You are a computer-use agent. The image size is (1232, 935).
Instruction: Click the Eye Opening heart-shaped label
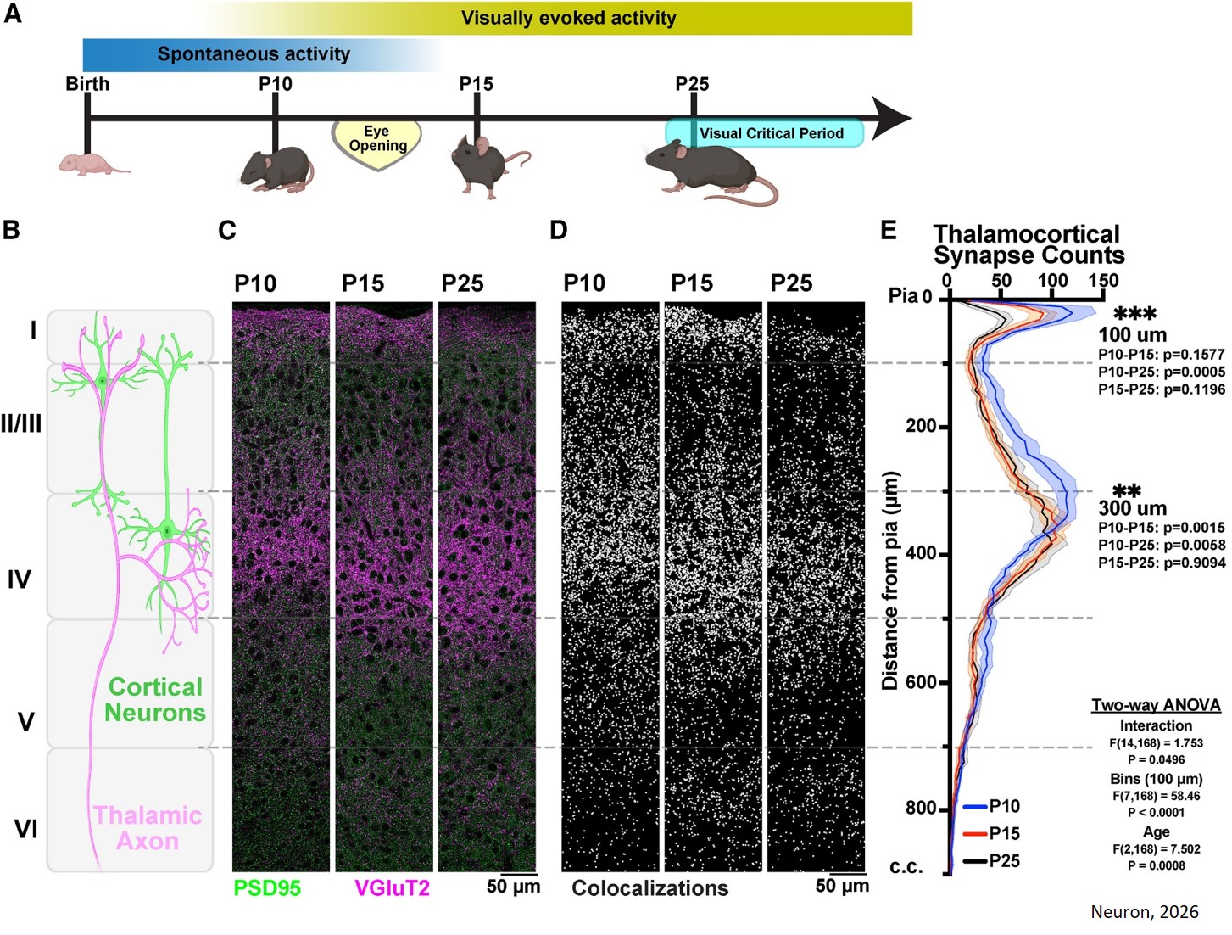point(376,141)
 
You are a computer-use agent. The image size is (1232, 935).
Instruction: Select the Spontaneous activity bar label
point(254,54)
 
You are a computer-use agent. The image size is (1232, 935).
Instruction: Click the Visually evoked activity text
point(568,18)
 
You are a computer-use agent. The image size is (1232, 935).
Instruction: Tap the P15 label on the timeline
point(476,84)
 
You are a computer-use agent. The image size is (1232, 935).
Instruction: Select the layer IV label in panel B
point(20,579)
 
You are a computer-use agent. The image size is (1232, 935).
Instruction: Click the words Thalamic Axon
point(148,828)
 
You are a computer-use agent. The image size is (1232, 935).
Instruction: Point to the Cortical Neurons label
point(155,699)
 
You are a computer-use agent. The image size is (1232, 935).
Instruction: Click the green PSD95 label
point(267,887)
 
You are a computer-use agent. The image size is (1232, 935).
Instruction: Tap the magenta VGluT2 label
point(392,887)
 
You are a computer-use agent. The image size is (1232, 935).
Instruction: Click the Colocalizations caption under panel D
point(649,887)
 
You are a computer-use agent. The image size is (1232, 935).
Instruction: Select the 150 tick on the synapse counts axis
point(1103,281)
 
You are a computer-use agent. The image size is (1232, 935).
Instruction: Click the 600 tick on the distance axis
point(922,682)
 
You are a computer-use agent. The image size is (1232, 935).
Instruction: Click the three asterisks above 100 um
point(1134,315)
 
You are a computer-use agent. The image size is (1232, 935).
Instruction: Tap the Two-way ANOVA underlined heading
point(1156,705)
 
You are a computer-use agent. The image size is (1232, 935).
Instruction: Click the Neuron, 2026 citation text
point(1144,912)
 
